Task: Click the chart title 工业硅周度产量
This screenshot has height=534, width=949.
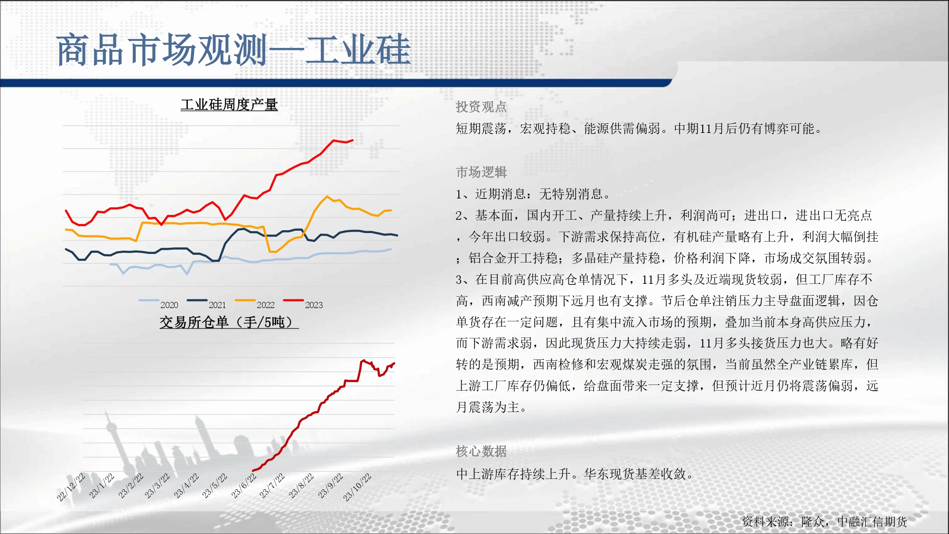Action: pos(229,104)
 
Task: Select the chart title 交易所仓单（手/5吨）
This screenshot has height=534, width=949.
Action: pos(229,322)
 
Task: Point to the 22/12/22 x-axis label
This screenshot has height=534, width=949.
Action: pos(71,487)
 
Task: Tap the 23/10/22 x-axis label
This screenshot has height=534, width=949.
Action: pos(357,487)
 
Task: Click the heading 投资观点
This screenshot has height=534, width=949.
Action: pos(481,107)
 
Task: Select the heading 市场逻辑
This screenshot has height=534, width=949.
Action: pos(481,172)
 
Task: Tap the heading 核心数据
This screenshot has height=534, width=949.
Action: pos(481,451)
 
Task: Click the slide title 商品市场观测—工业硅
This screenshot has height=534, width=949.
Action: pos(233,49)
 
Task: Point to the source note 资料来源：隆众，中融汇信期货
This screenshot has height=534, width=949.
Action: pos(825,522)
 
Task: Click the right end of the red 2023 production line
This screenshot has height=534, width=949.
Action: pos(353,140)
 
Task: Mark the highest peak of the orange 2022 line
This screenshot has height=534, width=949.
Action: pos(327,196)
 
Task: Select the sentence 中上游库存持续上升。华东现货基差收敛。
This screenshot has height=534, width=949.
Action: pos(575,474)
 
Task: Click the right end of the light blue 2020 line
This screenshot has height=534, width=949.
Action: pos(391,249)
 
